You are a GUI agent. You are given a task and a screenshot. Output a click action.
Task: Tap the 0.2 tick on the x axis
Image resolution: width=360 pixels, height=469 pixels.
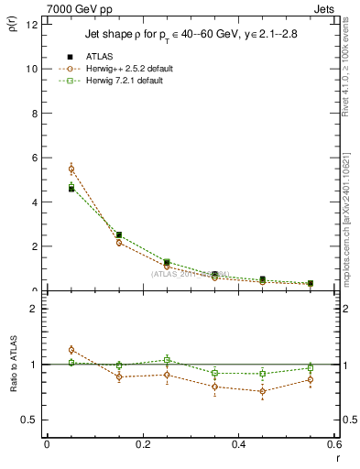point(142,444)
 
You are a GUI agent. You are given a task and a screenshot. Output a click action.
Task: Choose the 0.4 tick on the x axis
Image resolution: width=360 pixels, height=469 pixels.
point(238,444)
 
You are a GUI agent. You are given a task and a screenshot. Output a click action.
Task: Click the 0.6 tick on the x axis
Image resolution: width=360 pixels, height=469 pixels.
point(333,444)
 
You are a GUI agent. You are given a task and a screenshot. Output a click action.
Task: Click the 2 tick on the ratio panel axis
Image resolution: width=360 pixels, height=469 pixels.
point(32,309)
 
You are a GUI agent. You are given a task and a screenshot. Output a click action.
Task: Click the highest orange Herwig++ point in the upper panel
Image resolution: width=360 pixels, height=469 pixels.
point(71,169)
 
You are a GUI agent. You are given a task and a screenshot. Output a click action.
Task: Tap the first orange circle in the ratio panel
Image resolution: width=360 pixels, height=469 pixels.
point(71,350)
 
